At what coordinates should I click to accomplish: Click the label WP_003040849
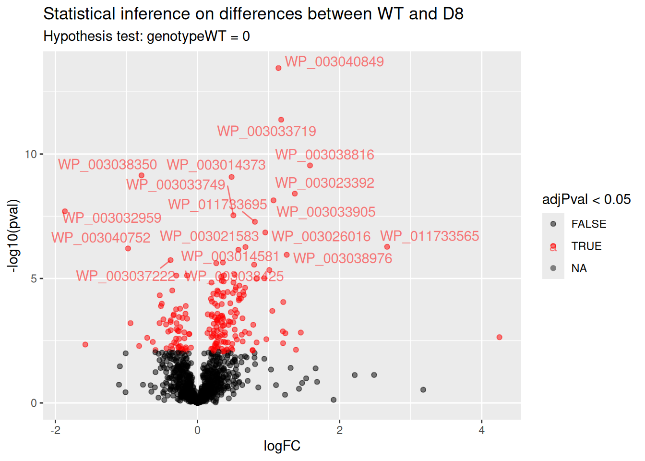[x=334, y=62]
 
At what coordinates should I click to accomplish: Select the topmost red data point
[x=278, y=68]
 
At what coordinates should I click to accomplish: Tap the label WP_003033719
[x=266, y=132]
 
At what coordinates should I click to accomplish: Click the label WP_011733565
[x=430, y=236]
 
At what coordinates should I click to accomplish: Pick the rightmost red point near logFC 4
[x=499, y=337]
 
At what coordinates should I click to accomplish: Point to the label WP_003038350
[x=107, y=165]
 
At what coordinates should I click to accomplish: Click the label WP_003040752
[x=101, y=238]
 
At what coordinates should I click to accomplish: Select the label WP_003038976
[x=343, y=258]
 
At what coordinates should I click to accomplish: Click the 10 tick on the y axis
[x=31, y=154]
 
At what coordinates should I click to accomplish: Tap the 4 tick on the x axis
[x=481, y=430]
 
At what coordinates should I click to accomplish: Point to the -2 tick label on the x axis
[x=55, y=430]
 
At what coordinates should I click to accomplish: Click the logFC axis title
[x=282, y=446]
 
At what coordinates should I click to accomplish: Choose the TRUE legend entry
[x=586, y=246]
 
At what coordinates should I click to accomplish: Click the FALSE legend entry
[x=588, y=224]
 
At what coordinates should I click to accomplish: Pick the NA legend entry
[x=579, y=268]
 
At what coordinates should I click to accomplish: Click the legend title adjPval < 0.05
[x=586, y=200]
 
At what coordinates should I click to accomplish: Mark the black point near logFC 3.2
[x=423, y=389]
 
